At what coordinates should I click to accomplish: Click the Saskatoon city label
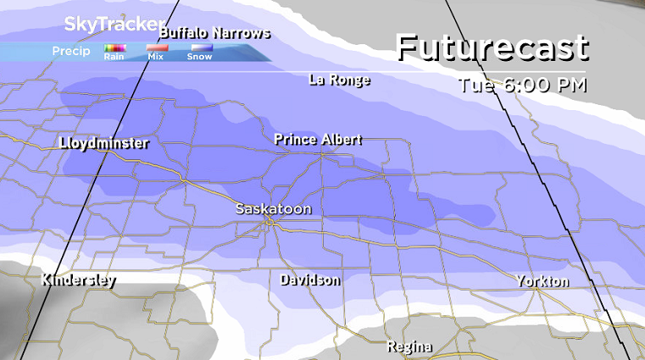click(x=273, y=208)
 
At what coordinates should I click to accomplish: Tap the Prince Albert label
click(x=318, y=139)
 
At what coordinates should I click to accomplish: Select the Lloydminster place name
click(x=104, y=143)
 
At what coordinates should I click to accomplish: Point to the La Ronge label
click(x=339, y=80)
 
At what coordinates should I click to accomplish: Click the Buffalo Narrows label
click(x=214, y=33)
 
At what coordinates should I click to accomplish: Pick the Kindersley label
click(x=78, y=280)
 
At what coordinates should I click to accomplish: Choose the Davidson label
click(x=310, y=280)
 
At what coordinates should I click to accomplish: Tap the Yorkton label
click(x=542, y=281)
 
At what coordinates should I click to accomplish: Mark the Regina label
click(x=409, y=346)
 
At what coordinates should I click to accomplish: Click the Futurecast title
click(x=492, y=48)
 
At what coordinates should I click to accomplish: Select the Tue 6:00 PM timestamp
click(x=522, y=85)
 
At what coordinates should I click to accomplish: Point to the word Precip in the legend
click(x=71, y=52)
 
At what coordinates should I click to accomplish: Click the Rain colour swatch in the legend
click(x=114, y=48)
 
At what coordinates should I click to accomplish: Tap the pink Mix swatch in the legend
click(x=157, y=48)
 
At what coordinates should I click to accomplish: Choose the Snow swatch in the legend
click(x=200, y=48)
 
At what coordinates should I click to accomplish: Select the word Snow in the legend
click(x=200, y=58)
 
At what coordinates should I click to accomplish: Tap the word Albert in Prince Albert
click(x=341, y=139)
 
